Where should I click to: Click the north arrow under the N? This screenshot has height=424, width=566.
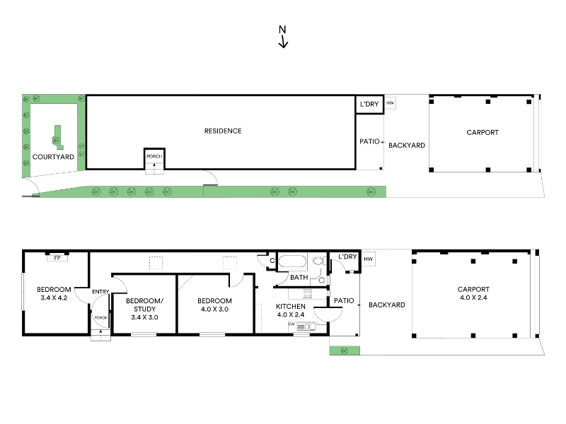pos(284,42)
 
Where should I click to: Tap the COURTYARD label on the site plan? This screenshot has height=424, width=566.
pos(53,157)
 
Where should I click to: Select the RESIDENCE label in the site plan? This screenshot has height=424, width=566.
pos(223,131)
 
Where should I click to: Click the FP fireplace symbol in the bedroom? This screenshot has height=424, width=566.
pos(57,258)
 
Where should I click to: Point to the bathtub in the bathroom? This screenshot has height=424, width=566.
pos(292,261)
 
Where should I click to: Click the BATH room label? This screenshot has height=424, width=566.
pos(299,277)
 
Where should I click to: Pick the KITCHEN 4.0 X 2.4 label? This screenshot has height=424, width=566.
pos(291,310)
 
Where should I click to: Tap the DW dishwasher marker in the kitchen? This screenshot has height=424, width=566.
pos(291,324)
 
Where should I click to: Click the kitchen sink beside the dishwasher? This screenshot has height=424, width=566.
pos(306,326)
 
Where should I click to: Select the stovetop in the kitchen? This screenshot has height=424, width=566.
pos(307,293)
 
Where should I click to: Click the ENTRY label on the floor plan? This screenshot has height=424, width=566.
pos(100,292)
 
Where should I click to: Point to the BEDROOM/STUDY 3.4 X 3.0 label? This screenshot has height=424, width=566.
pos(144,309)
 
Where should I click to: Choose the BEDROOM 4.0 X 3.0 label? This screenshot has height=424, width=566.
pos(214,305)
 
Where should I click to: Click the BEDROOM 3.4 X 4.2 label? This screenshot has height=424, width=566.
pos(54,293)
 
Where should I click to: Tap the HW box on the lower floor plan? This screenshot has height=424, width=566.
pos(368,259)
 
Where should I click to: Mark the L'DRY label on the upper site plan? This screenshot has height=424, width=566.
pos(369,104)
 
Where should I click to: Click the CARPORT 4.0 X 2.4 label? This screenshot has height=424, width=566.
pos(473,293)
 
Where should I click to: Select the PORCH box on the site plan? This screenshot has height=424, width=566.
pos(154,158)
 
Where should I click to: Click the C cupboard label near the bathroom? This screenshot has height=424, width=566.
pos(272,260)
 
